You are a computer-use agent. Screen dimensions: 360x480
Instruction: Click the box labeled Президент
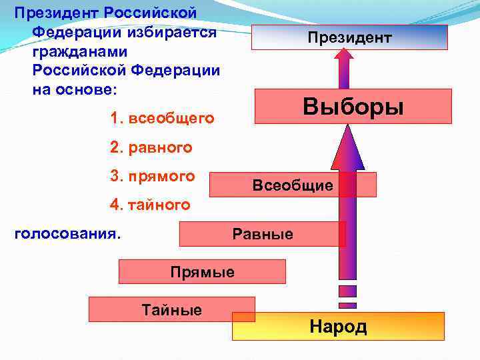349,37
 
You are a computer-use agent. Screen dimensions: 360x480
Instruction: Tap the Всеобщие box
293,185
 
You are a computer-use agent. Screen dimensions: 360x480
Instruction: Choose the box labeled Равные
262,234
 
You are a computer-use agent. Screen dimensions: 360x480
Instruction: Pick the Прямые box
202,272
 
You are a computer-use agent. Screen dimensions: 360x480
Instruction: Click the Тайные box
171,309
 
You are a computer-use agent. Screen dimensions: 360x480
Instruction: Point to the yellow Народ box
338,327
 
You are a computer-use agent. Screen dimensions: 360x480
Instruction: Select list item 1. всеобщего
163,119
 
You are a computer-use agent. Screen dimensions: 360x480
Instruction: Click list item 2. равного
151,147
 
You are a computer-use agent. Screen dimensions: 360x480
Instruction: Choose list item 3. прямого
153,177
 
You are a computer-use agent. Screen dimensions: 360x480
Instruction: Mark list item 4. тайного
150,205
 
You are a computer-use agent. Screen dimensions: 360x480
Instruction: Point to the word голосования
67,234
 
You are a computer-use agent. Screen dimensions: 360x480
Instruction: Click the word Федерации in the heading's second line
73,32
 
